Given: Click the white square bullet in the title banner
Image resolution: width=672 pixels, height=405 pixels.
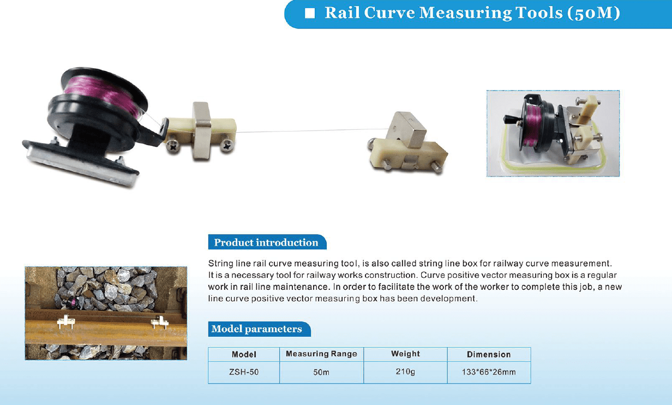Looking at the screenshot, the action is tap(310, 13).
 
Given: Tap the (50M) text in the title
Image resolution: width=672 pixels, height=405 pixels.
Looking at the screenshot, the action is tap(593, 13).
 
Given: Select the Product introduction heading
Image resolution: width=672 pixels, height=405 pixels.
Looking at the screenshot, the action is tap(266, 242).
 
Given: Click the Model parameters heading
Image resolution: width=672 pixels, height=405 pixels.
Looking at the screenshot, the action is tap(256, 329).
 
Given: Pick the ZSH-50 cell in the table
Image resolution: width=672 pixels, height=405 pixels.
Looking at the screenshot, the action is tap(244, 372).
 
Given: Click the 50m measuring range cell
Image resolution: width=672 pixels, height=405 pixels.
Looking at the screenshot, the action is tap(321, 372).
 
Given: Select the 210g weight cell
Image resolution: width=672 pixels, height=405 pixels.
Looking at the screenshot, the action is tap(405, 372).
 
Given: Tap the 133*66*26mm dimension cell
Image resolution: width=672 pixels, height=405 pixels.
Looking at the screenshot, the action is tap(489, 372).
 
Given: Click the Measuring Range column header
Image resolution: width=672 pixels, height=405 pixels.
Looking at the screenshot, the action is tap(321, 354).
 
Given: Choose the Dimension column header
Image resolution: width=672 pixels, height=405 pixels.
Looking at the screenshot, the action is tap(489, 354).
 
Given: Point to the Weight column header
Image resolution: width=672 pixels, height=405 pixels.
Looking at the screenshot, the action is tap(405, 354).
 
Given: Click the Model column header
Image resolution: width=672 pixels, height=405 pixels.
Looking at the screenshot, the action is tap(244, 354).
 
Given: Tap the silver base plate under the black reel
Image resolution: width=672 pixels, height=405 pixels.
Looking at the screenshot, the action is tap(81, 165).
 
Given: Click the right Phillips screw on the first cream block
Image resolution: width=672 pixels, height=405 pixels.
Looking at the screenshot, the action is tap(227, 146).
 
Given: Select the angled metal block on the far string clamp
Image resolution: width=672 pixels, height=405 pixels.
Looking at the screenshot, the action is tap(406, 130).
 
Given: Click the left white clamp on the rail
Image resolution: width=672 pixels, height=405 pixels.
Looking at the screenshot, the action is tap(66, 322).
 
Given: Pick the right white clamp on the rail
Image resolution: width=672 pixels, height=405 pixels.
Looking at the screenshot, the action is tap(159, 323).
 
